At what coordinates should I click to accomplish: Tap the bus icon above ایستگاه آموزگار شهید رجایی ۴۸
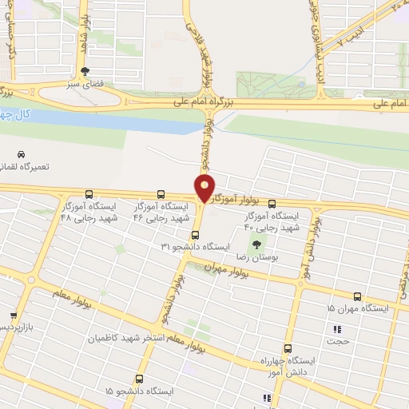point(88,194)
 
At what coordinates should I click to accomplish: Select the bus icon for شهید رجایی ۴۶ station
point(161,194)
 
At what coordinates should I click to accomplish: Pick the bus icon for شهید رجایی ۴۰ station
point(272,204)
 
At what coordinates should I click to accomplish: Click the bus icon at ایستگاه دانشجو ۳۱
point(196,234)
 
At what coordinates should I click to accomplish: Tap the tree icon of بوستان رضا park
point(256,246)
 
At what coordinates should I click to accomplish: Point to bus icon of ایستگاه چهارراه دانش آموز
point(288,348)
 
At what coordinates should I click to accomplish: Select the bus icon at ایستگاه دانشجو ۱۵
point(140,379)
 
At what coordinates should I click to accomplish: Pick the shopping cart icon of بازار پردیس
point(14,316)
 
